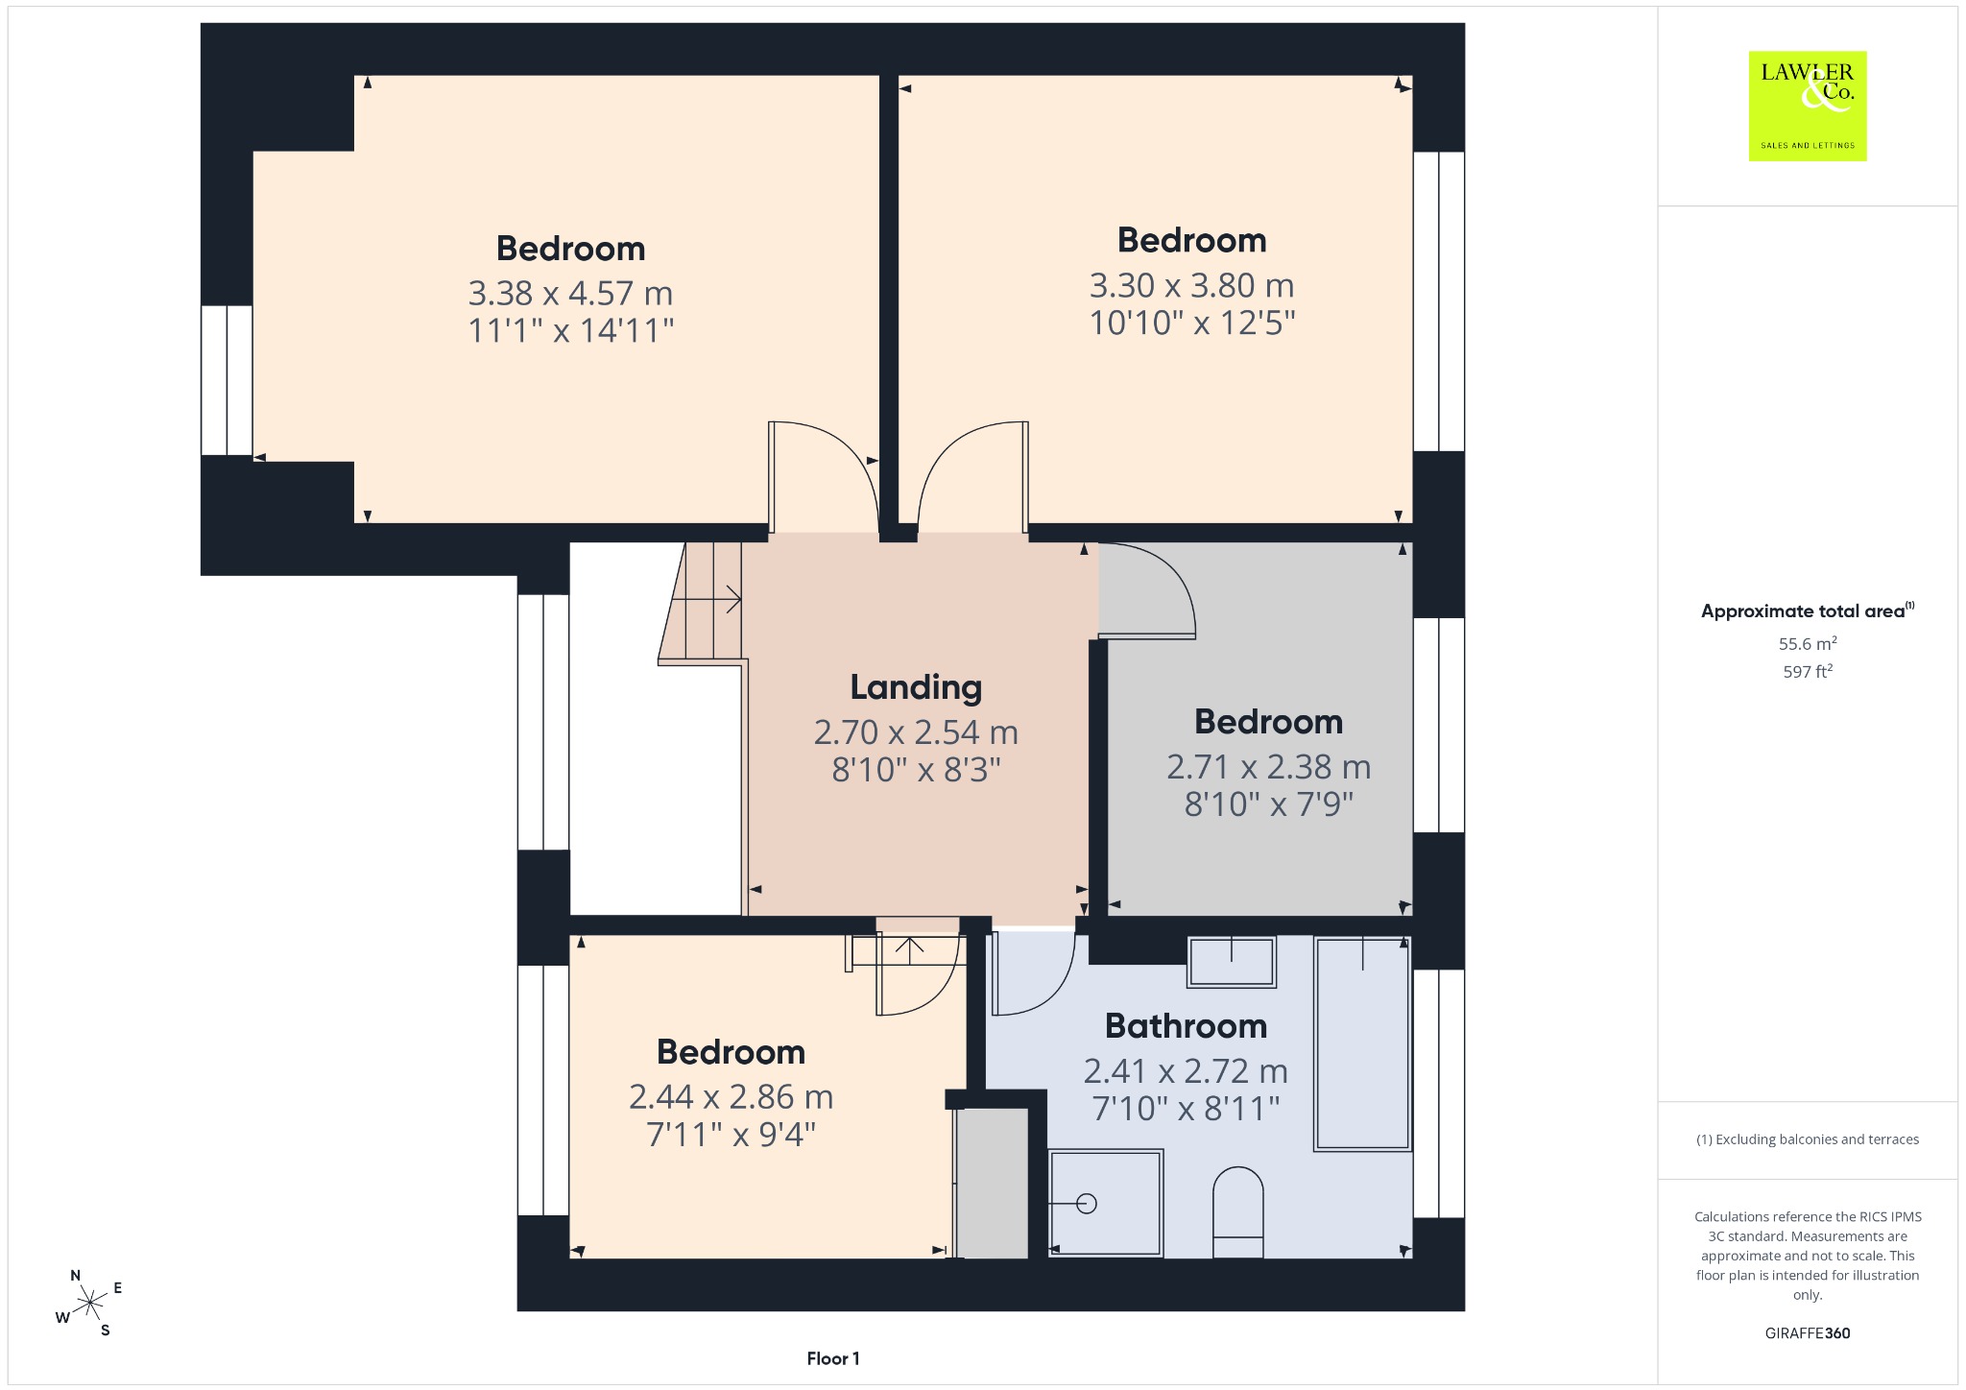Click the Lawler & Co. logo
[x=1807, y=106]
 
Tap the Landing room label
[x=916, y=687]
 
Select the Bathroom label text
[x=1186, y=1026]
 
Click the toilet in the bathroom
[x=1238, y=1211]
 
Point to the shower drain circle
[x=1087, y=1203]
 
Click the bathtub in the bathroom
[x=1362, y=1043]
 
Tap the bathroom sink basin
[x=1232, y=962]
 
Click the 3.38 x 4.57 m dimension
[x=570, y=293]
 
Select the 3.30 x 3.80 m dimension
[x=1191, y=285]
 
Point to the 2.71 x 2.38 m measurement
[x=1268, y=767]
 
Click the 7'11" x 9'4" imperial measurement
[x=731, y=1135]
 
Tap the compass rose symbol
[x=89, y=1303]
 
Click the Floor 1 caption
[x=833, y=1358]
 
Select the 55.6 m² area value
[x=1808, y=644]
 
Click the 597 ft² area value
[x=1808, y=672]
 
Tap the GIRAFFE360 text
[x=1808, y=1333]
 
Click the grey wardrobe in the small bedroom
[x=994, y=1183]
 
